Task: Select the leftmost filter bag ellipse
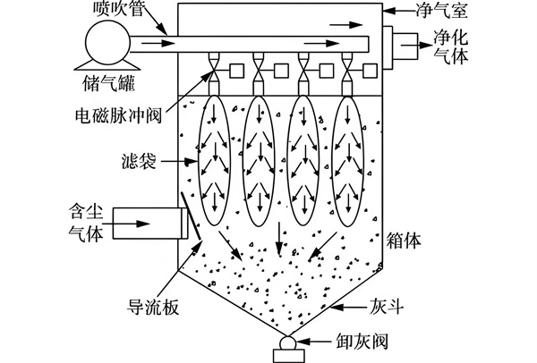tap(213, 157)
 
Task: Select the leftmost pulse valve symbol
tap(214, 69)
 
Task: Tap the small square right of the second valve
tap(282, 69)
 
